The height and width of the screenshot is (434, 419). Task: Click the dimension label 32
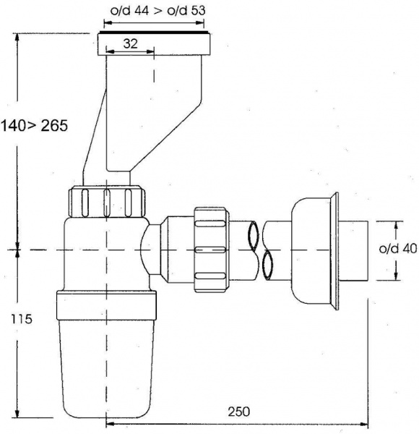tap(130, 43)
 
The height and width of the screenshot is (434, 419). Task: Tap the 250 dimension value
tap(239, 412)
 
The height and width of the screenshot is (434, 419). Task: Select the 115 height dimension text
tap(22, 319)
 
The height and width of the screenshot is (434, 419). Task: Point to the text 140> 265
tap(34, 126)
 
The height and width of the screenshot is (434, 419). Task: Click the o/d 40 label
tap(398, 249)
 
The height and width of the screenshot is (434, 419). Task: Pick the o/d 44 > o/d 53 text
tap(157, 11)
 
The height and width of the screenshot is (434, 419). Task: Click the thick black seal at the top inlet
tap(154, 33)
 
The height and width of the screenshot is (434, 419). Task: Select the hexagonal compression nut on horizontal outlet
tap(212, 250)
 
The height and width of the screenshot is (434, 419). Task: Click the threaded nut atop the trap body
tap(107, 202)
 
